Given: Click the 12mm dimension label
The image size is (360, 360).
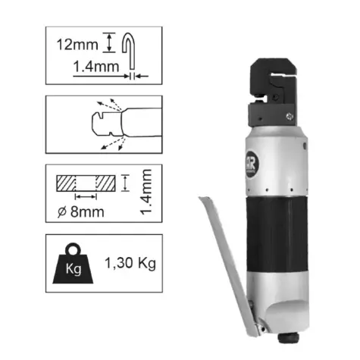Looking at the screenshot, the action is coord(77,45).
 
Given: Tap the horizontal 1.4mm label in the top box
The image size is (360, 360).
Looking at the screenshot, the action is coord(96,67).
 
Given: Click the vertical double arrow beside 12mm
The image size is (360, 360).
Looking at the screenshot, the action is coord(109,42).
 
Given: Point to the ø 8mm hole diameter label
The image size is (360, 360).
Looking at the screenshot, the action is coord(80,211).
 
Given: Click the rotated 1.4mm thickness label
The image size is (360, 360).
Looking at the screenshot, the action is coord(146,193).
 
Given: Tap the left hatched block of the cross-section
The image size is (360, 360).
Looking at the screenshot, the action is coord(66,183).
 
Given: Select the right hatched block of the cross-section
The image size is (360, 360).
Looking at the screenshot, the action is coord(106,183).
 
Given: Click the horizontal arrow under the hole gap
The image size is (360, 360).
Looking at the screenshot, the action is coord(86,196).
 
